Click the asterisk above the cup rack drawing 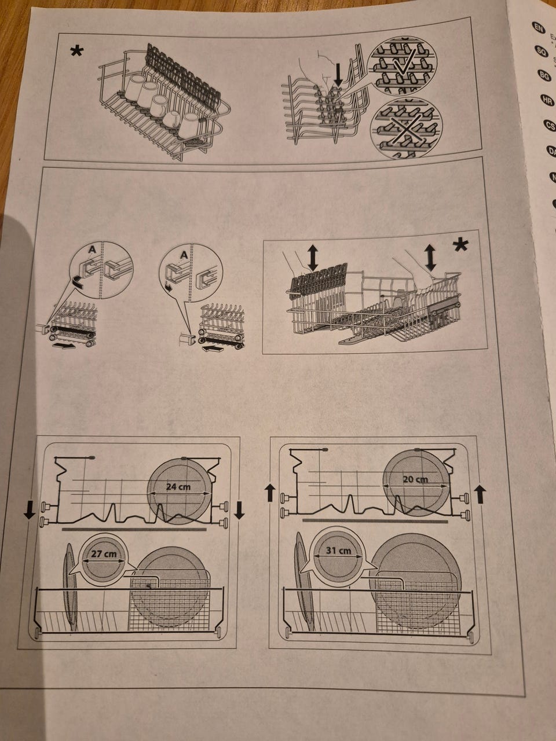(76, 52)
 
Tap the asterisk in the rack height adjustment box (461, 245)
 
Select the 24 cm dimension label (178, 486)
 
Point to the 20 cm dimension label (416, 479)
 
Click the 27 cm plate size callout (103, 554)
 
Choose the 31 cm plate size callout (338, 551)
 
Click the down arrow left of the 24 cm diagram (29, 510)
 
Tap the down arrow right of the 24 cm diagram (240, 509)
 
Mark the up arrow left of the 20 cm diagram (270, 493)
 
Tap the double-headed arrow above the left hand (313, 258)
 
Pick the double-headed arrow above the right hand (430, 258)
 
